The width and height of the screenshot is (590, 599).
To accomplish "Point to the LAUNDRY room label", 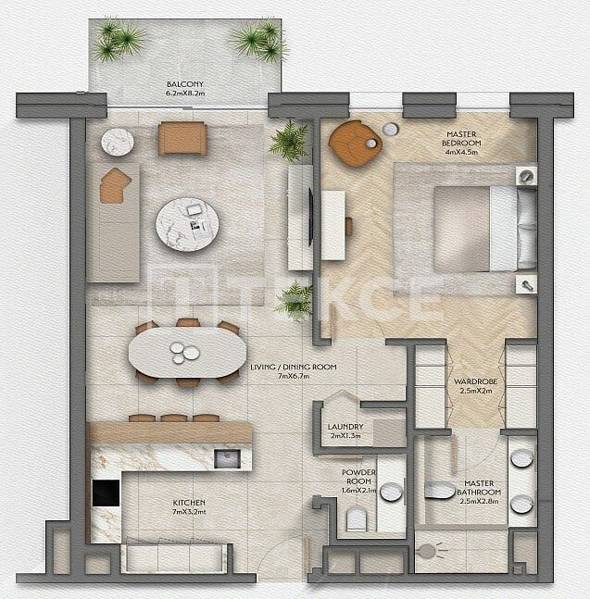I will [x=345, y=427].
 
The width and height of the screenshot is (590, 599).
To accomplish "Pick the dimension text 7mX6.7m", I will [x=293, y=377].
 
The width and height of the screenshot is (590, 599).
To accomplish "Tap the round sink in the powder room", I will [x=391, y=493].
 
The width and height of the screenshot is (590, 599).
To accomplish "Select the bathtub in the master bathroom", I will [x=441, y=491].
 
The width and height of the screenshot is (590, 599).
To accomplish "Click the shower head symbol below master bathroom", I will [x=427, y=552].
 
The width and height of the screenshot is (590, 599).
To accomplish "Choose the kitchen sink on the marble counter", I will [x=227, y=458].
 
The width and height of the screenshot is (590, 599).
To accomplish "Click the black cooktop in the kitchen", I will [x=106, y=493].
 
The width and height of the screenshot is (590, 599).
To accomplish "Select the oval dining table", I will [x=187, y=353].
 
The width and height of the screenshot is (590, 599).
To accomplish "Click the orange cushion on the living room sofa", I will [x=115, y=185].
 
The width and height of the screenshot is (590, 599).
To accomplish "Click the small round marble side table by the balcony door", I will [x=118, y=142].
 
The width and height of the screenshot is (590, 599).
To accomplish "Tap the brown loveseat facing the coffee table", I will [x=182, y=139].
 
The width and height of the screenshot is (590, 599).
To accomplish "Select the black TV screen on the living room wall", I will [x=311, y=217].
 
